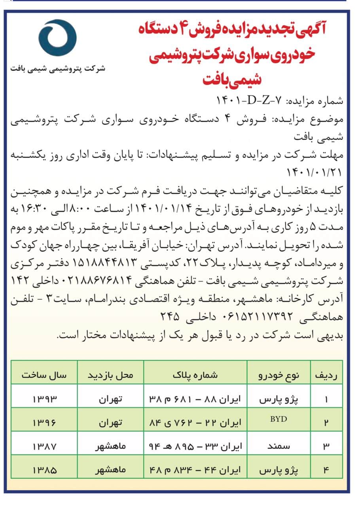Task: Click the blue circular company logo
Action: (x=59, y=38)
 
